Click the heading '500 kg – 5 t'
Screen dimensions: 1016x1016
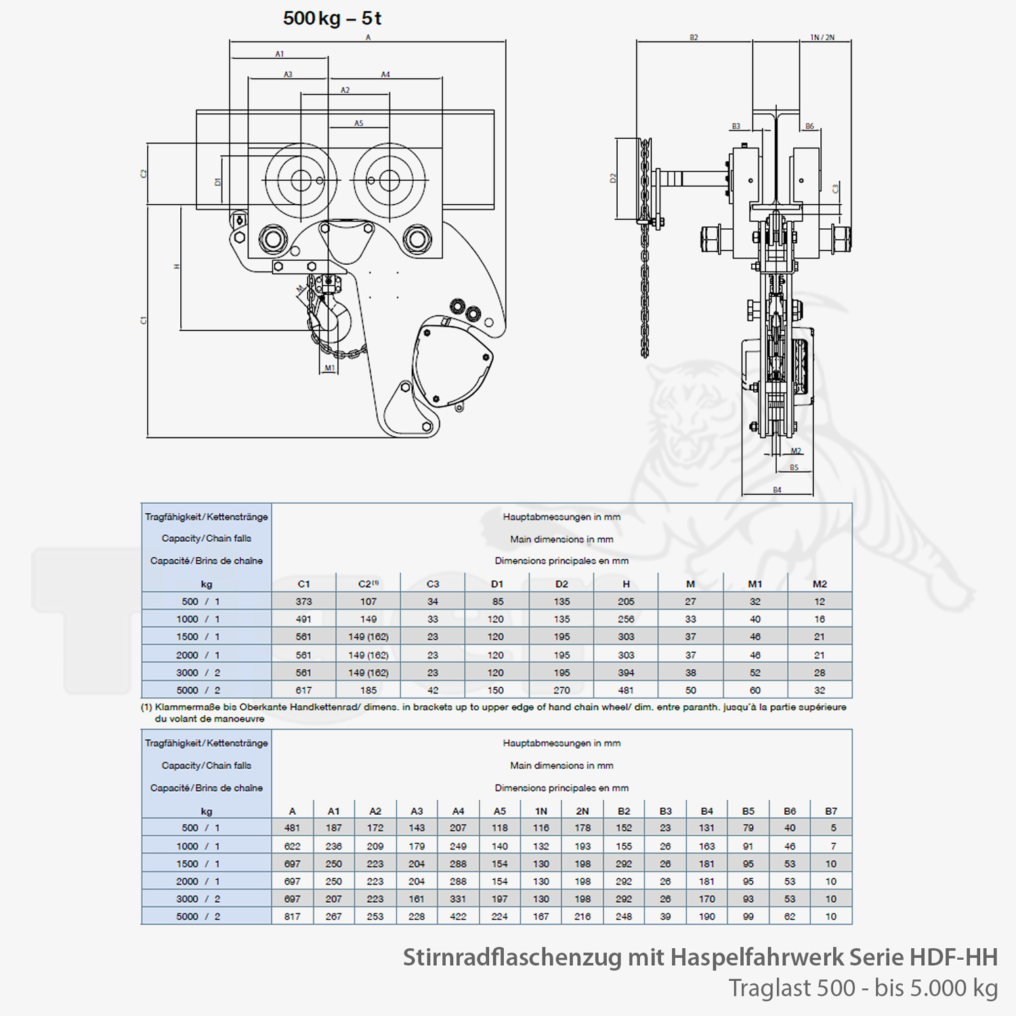pyautogui.click(x=332, y=18)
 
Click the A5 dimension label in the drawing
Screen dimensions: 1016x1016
pyautogui.click(x=359, y=123)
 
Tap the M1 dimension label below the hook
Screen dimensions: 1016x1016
pyautogui.click(x=330, y=368)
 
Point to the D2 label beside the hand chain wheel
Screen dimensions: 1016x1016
pyautogui.click(x=613, y=178)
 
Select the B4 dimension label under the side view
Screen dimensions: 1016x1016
pyautogui.click(x=777, y=490)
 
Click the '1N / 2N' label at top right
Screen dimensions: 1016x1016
pyautogui.click(x=822, y=37)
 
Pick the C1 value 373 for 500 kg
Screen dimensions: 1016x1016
pyautogui.click(x=303, y=601)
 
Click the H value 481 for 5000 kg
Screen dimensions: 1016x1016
pyautogui.click(x=626, y=690)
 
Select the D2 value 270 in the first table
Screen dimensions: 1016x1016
pyautogui.click(x=562, y=690)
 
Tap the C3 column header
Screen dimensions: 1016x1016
pyautogui.click(x=433, y=584)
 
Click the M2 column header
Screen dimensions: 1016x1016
pyautogui.click(x=820, y=584)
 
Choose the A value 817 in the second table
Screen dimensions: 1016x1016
pyautogui.click(x=292, y=916)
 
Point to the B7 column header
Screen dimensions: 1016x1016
pyautogui.click(x=831, y=811)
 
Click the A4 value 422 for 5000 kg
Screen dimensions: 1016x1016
pyautogui.click(x=458, y=916)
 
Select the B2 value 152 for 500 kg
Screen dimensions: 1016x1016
pyautogui.click(x=624, y=828)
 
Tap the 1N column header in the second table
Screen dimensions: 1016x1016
pyautogui.click(x=541, y=811)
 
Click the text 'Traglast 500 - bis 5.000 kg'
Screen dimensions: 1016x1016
pyautogui.click(x=864, y=988)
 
